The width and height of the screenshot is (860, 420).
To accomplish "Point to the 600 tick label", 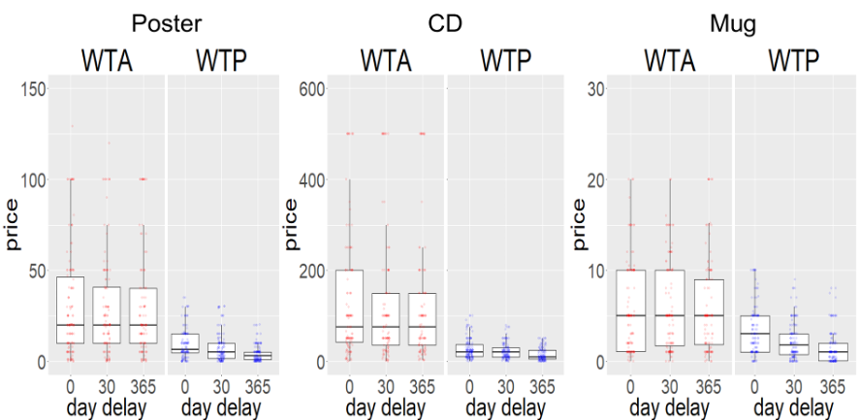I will [310, 89].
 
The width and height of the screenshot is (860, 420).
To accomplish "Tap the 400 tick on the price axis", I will [310, 179].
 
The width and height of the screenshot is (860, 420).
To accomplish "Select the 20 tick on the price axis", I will [597, 179].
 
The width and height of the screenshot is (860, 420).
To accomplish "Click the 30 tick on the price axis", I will [597, 89].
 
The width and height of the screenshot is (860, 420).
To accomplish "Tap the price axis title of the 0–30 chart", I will [579, 225].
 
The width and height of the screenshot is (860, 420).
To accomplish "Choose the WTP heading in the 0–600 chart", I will [506, 60].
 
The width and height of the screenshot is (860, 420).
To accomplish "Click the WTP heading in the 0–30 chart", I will [793, 60].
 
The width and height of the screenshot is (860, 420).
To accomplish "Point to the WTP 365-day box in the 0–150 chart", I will [257, 356].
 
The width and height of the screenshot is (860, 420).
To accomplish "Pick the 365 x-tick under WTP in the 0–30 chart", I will [830, 384].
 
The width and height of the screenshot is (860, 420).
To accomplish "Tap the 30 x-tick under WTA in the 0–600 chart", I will [385, 384].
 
